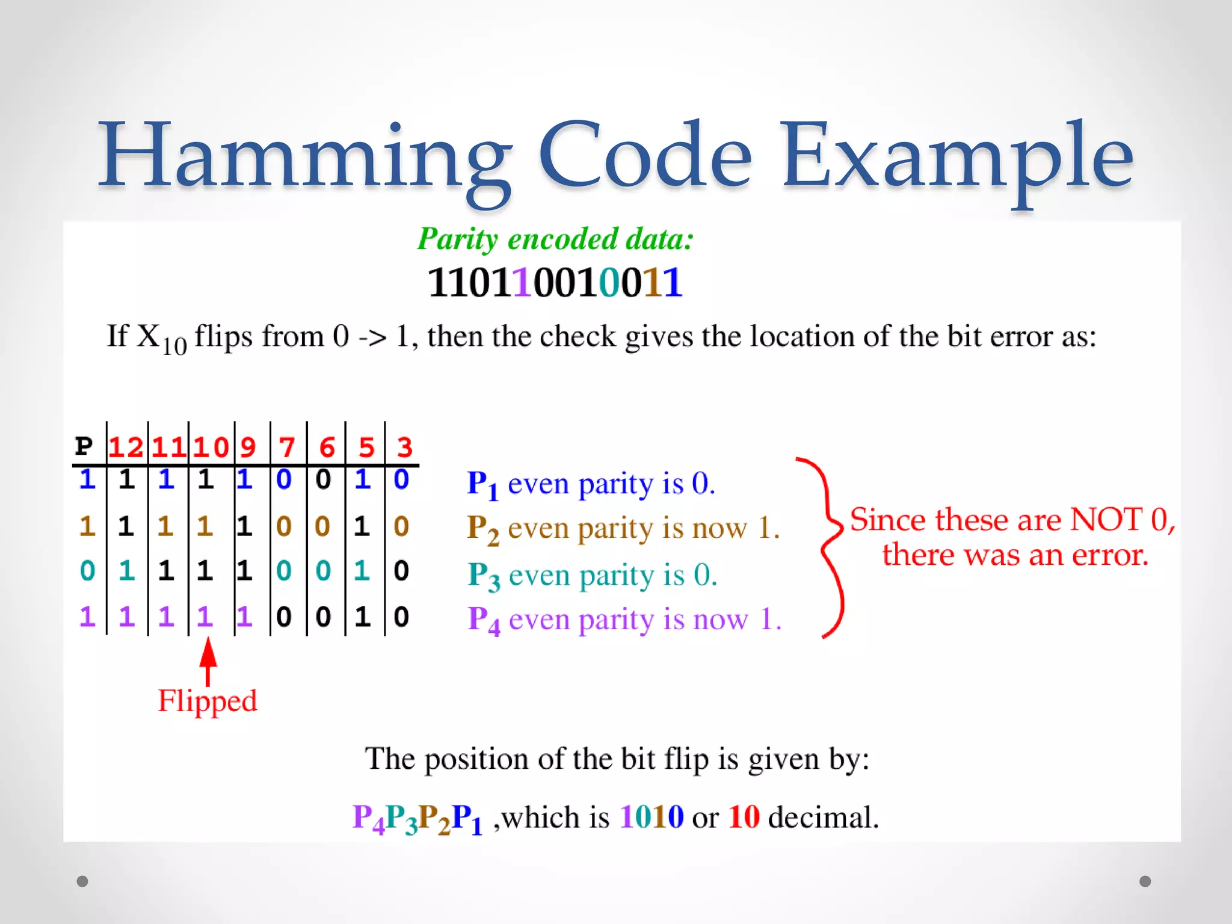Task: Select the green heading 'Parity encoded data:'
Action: coord(555,239)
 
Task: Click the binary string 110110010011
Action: coord(555,282)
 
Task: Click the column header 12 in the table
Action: coord(126,448)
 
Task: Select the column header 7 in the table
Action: coord(287,448)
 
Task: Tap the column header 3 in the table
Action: coord(404,448)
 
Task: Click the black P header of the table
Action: coord(84,446)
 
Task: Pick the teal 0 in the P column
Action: coord(88,570)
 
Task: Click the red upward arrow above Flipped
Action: coord(208,661)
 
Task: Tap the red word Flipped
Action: coord(207,701)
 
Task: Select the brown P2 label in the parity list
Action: coord(483,529)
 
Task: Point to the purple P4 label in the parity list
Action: coord(484,621)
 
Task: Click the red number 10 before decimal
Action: coord(744,817)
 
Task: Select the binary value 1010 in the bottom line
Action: coord(651,817)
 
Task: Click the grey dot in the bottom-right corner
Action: coord(1145,881)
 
